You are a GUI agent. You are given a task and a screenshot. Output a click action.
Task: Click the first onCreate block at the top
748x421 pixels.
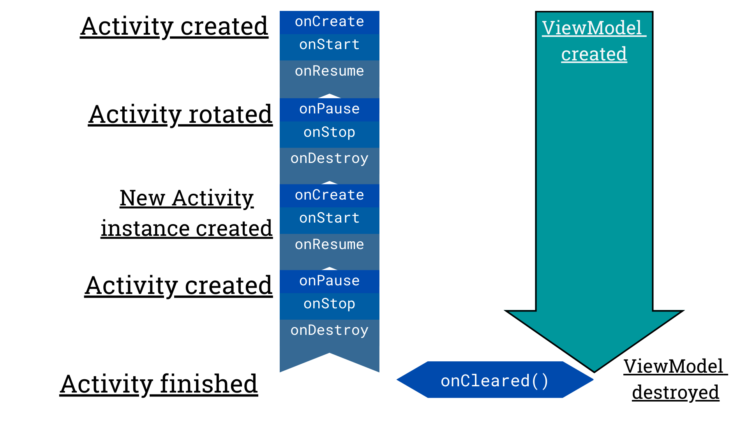pos(329,22)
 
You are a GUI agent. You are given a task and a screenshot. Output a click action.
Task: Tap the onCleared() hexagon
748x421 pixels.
pos(495,380)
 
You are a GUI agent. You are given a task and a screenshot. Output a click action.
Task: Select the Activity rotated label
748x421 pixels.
pos(180,115)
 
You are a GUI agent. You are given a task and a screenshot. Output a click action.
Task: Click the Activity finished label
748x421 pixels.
pos(159,384)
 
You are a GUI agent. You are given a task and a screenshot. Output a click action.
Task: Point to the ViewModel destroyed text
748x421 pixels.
pos(675,379)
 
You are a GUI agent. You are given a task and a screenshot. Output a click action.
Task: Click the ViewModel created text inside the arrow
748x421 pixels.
pos(594,41)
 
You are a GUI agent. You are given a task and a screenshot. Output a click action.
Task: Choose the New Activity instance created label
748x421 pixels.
pos(187,213)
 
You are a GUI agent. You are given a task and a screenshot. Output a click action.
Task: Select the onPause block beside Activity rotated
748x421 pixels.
pos(329,109)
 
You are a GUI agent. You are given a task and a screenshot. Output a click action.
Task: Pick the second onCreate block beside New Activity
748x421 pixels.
pos(329,195)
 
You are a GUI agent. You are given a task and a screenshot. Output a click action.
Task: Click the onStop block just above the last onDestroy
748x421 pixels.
pos(329,304)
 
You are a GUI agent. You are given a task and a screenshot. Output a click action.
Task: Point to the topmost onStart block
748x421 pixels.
pos(329,45)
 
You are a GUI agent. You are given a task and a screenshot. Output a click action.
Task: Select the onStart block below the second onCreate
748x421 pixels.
pos(329,218)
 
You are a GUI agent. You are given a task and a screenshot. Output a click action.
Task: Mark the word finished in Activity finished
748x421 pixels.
pos(209,384)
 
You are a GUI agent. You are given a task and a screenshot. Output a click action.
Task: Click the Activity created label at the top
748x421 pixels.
pos(174,27)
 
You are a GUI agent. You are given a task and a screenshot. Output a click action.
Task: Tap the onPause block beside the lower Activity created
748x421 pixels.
pos(329,281)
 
